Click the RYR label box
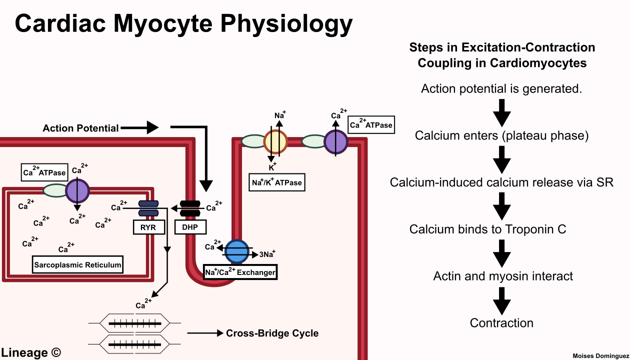pyautogui.click(x=148, y=227)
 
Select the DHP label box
pyautogui.click(x=190, y=227)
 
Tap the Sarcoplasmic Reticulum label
pyautogui.click(x=77, y=265)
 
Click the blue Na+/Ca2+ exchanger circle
pyautogui.click(x=236, y=251)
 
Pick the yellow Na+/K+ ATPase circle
pyautogui.click(x=275, y=141)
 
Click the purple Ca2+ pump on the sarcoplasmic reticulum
pyautogui.click(x=77, y=190)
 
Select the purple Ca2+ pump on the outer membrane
pyautogui.click(x=336, y=141)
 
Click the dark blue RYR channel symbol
pyautogui.click(x=148, y=208)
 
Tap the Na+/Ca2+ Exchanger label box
pyautogui.click(x=240, y=272)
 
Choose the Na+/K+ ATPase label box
pyautogui.click(x=276, y=182)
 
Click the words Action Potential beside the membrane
pyautogui.click(x=80, y=128)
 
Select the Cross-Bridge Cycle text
pyautogui.click(x=272, y=333)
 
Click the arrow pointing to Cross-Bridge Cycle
pyautogui.click(x=204, y=333)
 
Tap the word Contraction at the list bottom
pyautogui.click(x=501, y=323)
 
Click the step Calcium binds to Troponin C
pyautogui.click(x=487, y=229)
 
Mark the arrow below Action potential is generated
pyautogui.click(x=501, y=112)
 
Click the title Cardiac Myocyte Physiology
pyautogui.click(x=183, y=23)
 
